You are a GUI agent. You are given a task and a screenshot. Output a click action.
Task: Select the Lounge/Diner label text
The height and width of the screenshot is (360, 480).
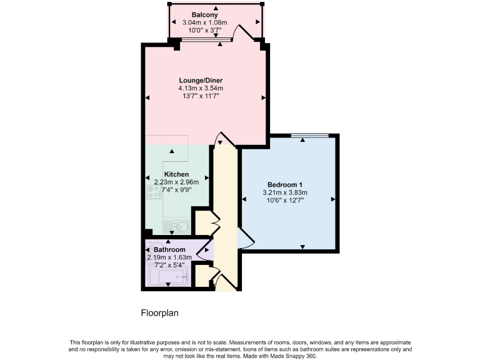pyautogui.click(x=201, y=81)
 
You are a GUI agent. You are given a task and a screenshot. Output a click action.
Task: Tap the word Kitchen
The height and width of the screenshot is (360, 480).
pyautogui.click(x=176, y=174)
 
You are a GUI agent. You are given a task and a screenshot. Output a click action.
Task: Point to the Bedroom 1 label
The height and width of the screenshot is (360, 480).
pyautogui.click(x=285, y=184)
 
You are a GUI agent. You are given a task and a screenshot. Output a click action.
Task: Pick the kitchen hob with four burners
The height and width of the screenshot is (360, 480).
pyautogui.click(x=153, y=192)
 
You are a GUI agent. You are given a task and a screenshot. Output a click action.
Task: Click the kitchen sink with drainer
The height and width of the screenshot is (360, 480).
pyautogui.click(x=176, y=225)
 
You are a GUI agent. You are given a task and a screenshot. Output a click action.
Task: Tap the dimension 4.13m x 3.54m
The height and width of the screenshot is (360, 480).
pyautogui.click(x=201, y=88)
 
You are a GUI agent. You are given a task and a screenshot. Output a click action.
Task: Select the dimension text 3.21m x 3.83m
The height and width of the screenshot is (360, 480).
pyautogui.click(x=285, y=192)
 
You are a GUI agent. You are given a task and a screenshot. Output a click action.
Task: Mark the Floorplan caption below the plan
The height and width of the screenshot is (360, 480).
pyautogui.click(x=160, y=313)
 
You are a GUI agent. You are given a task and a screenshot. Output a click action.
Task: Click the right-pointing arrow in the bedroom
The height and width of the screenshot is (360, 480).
pyautogui.click(x=332, y=199)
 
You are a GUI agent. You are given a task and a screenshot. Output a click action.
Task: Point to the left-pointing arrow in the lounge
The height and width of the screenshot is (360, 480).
pyautogui.click(x=148, y=98)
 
